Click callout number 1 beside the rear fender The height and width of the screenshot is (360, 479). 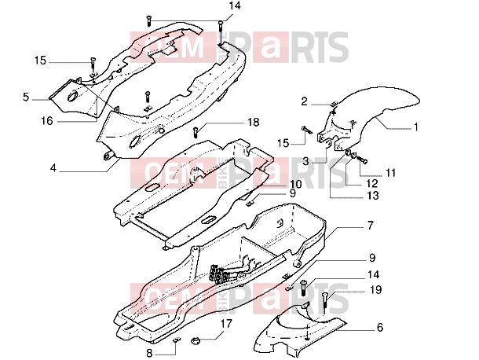click(x=415, y=127)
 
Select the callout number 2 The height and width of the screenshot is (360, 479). click(x=304, y=101)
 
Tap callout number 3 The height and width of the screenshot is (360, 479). click(x=305, y=161)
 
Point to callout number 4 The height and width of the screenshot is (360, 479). click(x=53, y=168)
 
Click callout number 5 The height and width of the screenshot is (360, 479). click(x=26, y=97)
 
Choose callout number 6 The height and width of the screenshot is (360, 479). click(x=380, y=328)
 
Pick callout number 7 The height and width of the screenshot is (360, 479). click(x=371, y=226)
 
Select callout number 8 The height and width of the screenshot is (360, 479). click(x=149, y=354)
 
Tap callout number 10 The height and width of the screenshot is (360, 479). click(x=296, y=184)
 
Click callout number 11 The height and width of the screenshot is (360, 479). click(x=391, y=173)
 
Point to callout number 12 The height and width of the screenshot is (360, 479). click(x=372, y=183)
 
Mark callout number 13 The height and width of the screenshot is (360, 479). click(x=372, y=196)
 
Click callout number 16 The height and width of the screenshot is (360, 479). click(x=47, y=121)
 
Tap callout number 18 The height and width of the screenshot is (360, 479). click(x=253, y=123)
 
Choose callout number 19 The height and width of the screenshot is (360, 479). click(x=375, y=290)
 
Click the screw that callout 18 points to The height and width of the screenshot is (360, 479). click(x=196, y=132)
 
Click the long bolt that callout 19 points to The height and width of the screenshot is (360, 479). click(x=324, y=303)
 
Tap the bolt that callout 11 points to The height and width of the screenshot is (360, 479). click(x=362, y=160)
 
